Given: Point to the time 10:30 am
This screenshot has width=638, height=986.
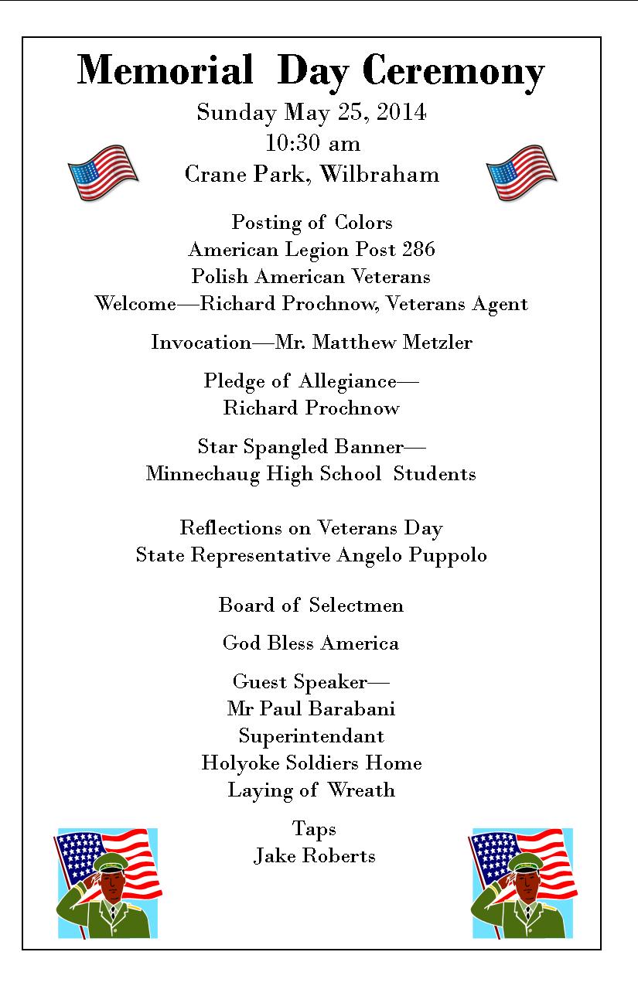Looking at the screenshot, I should coord(312,144).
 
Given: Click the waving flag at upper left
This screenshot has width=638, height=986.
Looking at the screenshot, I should coord(102,172).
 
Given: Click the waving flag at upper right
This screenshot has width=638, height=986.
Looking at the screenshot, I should coord(521,172).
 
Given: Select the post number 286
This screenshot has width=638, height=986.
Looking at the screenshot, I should coord(418,250).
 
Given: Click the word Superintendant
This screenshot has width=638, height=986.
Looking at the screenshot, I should coord(311,736).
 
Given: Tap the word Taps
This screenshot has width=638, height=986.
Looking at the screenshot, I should coord(314,829).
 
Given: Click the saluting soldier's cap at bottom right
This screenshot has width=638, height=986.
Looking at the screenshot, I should coord(525,863).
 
